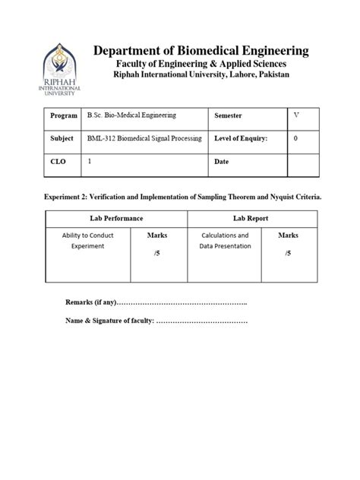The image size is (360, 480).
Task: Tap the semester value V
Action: pyautogui.click(x=295, y=115)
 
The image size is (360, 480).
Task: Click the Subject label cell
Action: pyautogui.click(x=62, y=139)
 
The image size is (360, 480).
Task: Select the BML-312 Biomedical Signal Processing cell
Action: pyautogui.click(x=144, y=139)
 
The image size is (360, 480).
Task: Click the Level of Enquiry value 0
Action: pyautogui.click(x=295, y=139)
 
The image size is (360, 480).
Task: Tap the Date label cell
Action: pyautogui.click(x=223, y=163)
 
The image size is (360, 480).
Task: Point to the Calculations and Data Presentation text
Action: pyautogui.click(x=224, y=242)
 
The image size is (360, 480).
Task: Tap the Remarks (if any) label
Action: pyautogui.click(x=90, y=303)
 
